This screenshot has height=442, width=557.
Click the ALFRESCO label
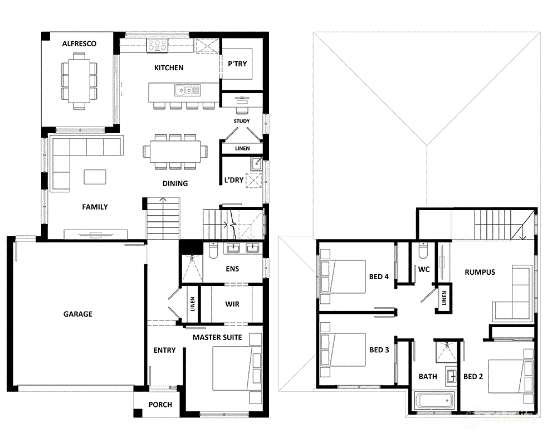pyautogui.click(x=79, y=43)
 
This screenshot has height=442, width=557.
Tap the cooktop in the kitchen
pyautogui.click(x=158, y=45)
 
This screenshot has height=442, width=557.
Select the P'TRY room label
pyautogui.click(x=237, y=64)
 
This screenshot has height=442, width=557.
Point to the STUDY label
pyautogui.click(x=242, y=122)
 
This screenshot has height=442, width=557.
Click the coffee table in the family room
pyautogui.click(x=95, y=177)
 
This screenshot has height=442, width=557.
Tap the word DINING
pyautogui.click(x=175, y=183)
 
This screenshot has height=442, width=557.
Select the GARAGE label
pyautogui.click(x=78, y=314)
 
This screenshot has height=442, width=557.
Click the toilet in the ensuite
pyautogui.click(x=213, y=250)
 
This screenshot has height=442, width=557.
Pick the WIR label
pyautogui.click(x=232, y=304)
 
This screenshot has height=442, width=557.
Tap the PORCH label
pyautogui.click(x=160, y=405)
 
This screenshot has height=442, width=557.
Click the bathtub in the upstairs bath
pyautogui.click(x=434, y=400)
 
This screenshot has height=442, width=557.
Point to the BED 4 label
pyautogui.click(x=379, y=276)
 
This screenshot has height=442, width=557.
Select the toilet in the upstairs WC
pyautogui.click(x=423, y=251)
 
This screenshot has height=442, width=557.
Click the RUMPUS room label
pyautogui.click(x=480, y=273)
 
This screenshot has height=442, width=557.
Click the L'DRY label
pyautogui.click(x=234, y=180)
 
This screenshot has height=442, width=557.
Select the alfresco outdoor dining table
pyautogui.click(x=79, y=81)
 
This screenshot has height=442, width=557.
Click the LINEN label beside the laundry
pyautogui.click(x=242, y=148)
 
